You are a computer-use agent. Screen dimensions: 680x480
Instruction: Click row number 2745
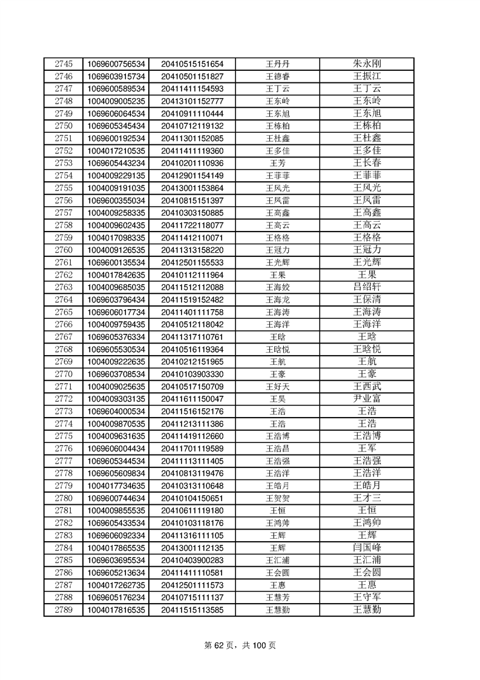point(63,64)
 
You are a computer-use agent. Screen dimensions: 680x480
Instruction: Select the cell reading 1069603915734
point(116,76)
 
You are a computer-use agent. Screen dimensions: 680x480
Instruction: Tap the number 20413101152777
point(192,101)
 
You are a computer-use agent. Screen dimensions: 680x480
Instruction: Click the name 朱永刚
point(366,64)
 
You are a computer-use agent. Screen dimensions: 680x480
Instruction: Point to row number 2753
point(63,163)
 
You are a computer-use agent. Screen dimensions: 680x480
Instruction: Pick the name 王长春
point(366,163)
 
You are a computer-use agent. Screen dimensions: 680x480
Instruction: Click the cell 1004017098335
point(116,238)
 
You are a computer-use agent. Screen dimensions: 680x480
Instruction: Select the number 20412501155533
point(192,262)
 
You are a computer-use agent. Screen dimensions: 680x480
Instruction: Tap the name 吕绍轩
point(366,287)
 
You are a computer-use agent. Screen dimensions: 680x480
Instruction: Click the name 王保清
point(366,299)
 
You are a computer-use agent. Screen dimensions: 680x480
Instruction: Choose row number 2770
point(63,374)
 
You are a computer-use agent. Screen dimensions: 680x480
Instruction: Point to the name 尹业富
point(366,399)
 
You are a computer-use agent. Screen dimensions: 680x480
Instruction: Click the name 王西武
point(366,386)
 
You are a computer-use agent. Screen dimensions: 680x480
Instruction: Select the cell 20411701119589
point(192,448)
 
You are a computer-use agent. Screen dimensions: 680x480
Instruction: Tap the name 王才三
point(366,498)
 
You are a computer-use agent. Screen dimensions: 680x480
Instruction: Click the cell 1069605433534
point(116,523)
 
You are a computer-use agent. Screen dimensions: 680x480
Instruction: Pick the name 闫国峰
point(366,548)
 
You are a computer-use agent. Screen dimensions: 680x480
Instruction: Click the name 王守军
point(366,598)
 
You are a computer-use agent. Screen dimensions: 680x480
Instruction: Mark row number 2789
point(63,610)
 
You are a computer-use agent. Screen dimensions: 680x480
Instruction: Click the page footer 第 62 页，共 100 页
point(240,646)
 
